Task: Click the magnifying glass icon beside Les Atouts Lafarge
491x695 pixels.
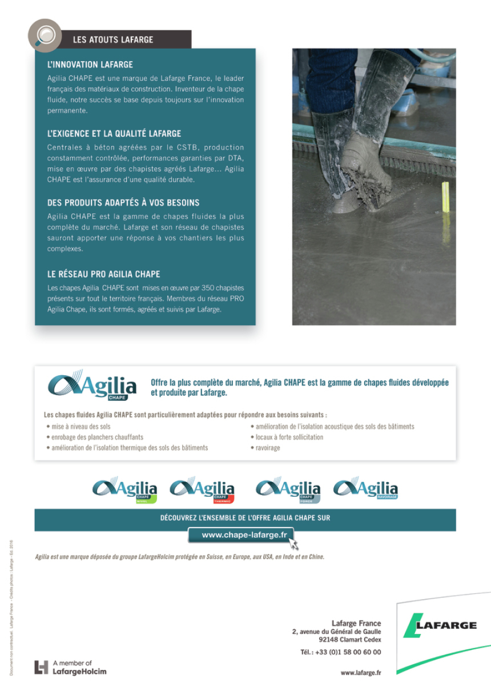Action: tap(45, 35)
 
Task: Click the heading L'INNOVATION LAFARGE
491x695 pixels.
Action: tap(90, 65)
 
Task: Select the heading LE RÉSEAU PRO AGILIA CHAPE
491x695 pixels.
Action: tap(103, 274)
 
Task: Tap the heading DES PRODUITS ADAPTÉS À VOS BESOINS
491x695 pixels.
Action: tap(123, 203)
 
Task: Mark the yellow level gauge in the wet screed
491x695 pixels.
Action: tap(445, 197)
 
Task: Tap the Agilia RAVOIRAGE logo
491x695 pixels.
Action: tap(365, 489)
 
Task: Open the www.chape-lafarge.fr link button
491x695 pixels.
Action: tap(240, 535)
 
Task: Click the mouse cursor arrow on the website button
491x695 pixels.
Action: tap(294, 543)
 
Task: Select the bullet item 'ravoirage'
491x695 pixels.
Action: tap(267, 448)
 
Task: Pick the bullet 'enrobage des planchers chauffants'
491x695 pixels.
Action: tap(97, 437)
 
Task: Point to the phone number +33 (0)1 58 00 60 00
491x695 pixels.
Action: tap(341, 652)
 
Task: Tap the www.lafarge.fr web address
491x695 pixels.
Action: tap(361, 673)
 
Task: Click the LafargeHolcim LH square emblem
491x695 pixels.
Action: tap(41, 667)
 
